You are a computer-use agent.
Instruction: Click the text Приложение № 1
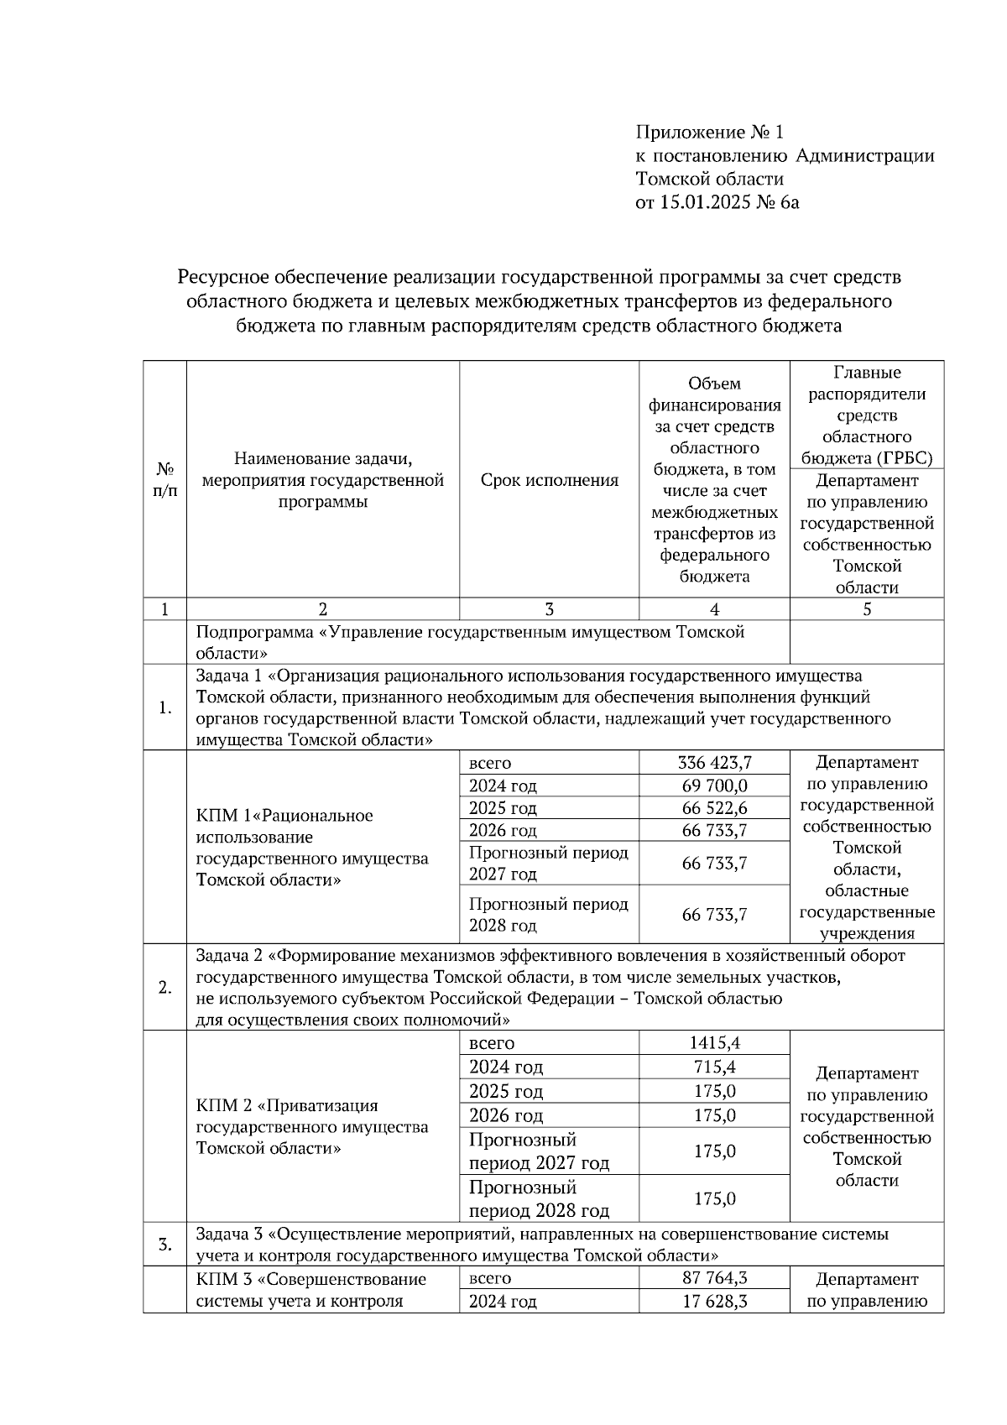709,132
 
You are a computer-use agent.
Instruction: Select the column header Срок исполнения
549,480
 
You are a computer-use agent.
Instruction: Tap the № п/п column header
164,480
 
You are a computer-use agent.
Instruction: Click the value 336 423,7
714,763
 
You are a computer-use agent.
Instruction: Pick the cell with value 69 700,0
714,786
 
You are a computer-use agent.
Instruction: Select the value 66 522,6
714,808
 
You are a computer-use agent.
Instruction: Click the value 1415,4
714,1043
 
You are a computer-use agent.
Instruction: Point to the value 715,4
714,1067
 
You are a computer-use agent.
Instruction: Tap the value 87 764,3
714,1279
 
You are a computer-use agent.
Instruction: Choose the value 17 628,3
714,1302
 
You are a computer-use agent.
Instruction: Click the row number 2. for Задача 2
164,988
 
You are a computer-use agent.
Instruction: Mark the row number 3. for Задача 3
164,1245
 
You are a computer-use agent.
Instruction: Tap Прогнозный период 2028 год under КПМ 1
548,915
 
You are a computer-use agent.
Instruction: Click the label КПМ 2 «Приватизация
286,1105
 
